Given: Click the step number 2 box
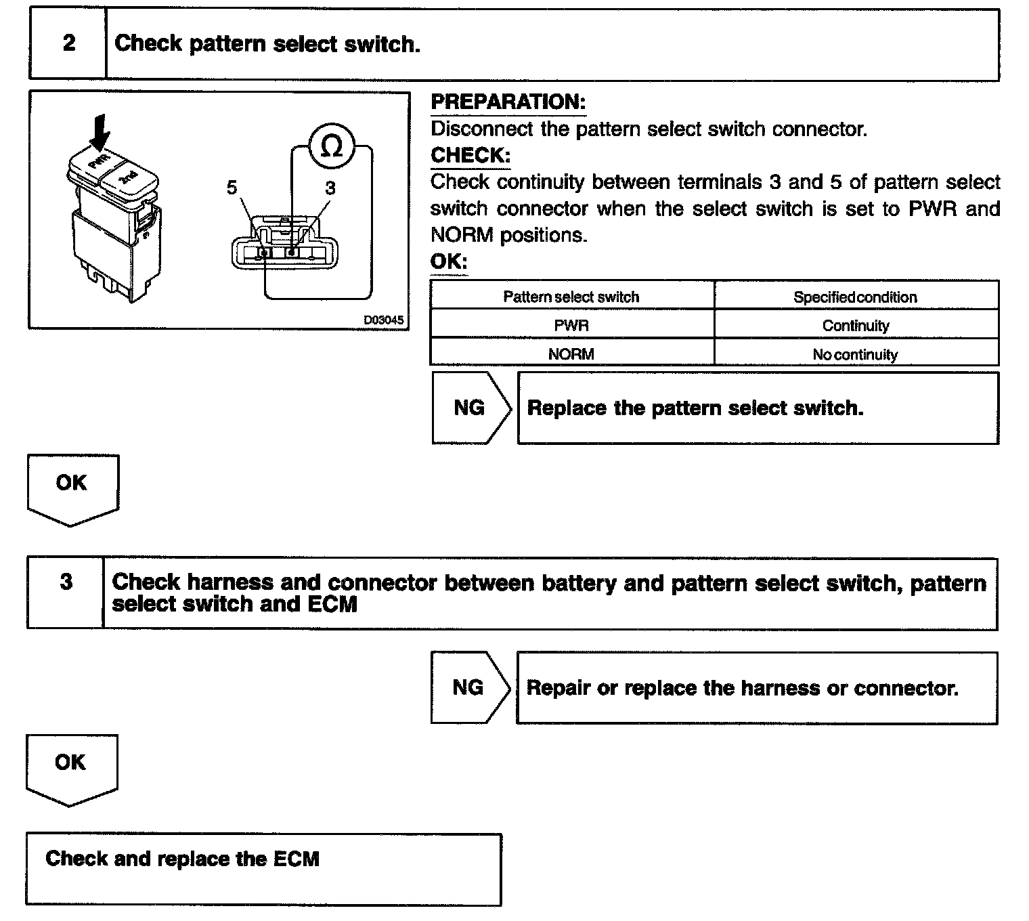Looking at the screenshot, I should coord(68,44).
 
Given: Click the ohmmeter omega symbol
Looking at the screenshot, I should coord(331,146).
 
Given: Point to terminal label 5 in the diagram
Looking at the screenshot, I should coord(232,188).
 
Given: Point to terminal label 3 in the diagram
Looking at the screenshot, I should coord(330,188).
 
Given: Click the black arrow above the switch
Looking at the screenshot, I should coord(100,130).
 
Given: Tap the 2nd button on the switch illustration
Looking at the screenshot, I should coord(129,178).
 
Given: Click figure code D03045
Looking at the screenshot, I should coord(383,320).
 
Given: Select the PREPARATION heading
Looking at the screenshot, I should coord(508,102).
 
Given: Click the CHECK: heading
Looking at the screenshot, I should coord(470,155).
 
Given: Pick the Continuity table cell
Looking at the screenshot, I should coord(856,326).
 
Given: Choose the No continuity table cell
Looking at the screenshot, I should coord(856,355).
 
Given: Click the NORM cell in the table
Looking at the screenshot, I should coord(571,354).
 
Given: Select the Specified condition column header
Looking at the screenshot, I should coord(856,297).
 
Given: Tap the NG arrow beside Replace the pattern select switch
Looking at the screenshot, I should coord(470,408).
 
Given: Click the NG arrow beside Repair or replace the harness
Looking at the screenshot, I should coord(469,688).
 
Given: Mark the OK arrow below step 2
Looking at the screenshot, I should coord(72,488).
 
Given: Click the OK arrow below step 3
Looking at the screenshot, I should coord(70,767).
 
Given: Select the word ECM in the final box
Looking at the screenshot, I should coord(296,859).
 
